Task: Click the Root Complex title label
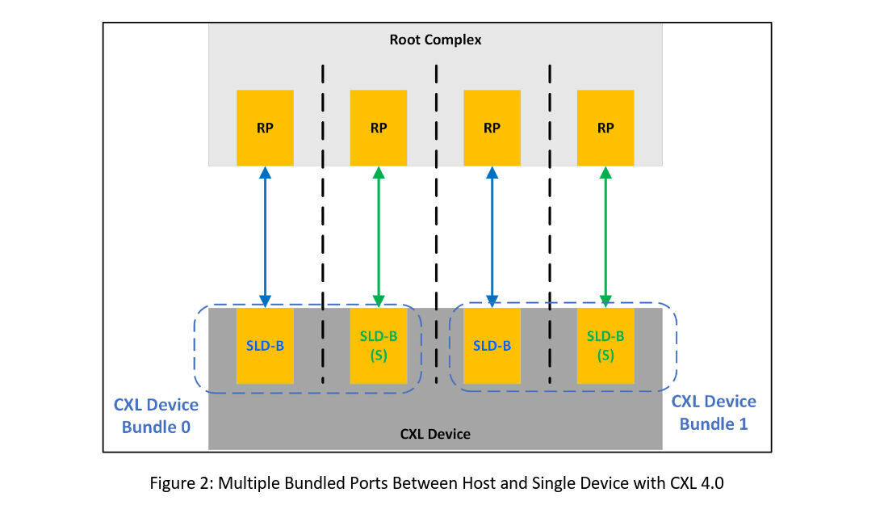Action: coord(435,40)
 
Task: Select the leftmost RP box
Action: coord(265,128)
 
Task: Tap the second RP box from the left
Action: coord(378,128)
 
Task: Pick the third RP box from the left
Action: coord(492,128)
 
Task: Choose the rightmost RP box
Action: coord(605,128)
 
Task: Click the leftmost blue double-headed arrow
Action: coord(265,236)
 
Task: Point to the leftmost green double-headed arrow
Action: coord(378,236)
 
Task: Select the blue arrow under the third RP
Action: coord(492,236)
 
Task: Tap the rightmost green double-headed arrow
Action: coord(605,236)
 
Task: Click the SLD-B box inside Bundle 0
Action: coord(265,345)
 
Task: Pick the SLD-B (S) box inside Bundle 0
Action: coord(378,345)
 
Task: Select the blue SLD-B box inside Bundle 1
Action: coord(492,345)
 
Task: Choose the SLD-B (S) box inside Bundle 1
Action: coord(605,345)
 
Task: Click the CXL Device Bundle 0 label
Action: coord(156,415)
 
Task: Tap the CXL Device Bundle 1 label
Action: coord(714,412)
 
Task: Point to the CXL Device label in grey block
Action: coord(435,434)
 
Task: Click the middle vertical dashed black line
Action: coord(436,202)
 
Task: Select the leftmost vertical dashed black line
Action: coord(323,202)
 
